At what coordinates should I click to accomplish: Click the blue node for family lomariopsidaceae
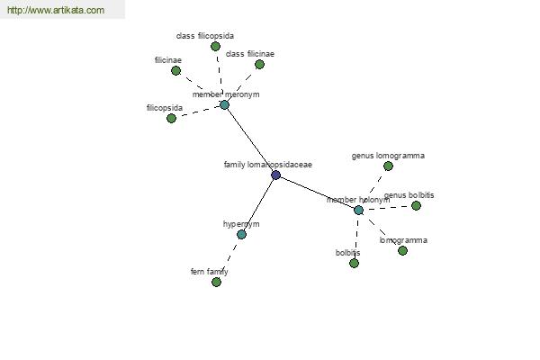pyautogui.click(x=275, y=175)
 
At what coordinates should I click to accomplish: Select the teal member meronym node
pyautogui.click(x=224, y=104)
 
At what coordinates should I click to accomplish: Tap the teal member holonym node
pyautogui.click(x=358, y=210)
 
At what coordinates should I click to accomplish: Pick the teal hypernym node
pyautogui.click(x=241, y=235)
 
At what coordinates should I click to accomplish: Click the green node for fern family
pyautogui.click(x=216, y=282)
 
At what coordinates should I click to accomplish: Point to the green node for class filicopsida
pyautogui.click(x=216, y=46)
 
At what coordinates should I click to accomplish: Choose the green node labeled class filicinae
pyautogui.click(x=260, y=65)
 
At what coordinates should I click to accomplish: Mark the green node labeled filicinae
pyautogui.click(x=176, y=70)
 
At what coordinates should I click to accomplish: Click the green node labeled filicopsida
pyautogui.click(x=171, y=118)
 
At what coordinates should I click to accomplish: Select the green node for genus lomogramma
pyautogui.click(x=388, y=166)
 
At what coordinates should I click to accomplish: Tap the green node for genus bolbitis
pyautogui.click(x=416, y=206)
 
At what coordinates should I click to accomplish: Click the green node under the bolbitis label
pyautogui.click(x=354, y=263)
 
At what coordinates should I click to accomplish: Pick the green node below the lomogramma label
pyautogui.click(x=402, y=250)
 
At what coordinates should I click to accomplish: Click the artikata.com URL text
pyautogui.click(x=56, y=10)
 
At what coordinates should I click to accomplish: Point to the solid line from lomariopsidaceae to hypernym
pyautogui.click(x=258, y=205)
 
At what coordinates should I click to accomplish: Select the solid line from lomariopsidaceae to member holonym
pyautogui.click(x=317, y=193)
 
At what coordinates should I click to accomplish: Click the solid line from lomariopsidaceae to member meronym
pyautogui.click(x=250, y=139)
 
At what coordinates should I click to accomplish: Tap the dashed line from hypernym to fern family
pyautogui.click(x=229, y=258)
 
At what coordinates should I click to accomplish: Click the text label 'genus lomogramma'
pyautogui.click(x=388, y=156)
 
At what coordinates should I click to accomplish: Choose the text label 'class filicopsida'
pyautogui.click(x=205, y=36)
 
